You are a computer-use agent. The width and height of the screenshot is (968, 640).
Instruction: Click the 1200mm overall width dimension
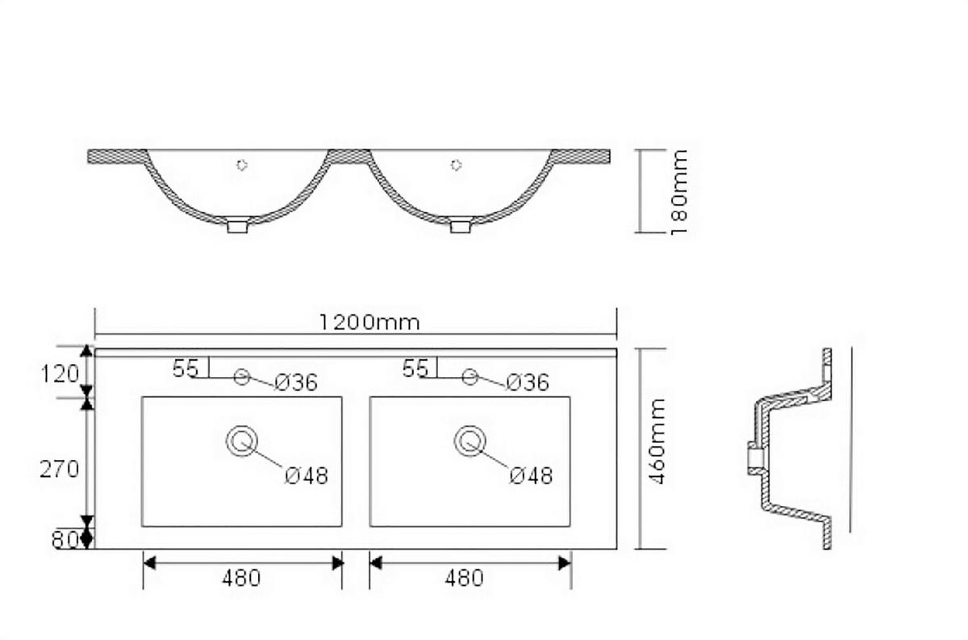point(369,322)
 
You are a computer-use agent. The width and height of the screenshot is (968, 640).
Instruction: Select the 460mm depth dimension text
point(657,441)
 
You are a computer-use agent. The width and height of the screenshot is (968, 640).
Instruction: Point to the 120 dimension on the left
point(60,374)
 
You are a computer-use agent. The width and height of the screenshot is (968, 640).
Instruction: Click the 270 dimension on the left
point(60,468)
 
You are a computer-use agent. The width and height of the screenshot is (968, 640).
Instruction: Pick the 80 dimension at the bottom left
point(65,539)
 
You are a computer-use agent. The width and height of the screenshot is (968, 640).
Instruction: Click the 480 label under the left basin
point(241,578)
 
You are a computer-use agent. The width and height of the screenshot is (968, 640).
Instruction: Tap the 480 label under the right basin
point(465,578)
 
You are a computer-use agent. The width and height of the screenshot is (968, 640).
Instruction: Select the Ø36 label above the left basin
point(295,383)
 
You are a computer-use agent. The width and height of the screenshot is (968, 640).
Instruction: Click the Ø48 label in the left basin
point(307,475)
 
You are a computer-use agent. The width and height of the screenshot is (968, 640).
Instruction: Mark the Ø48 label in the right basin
point(531,475)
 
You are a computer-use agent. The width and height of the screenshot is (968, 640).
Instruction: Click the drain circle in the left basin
point(241,441)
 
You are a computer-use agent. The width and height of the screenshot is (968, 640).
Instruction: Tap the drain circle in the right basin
point(470,441)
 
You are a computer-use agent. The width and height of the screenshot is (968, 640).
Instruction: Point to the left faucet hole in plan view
point(240,376)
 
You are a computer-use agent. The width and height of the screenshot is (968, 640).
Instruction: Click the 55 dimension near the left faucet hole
point(185,368)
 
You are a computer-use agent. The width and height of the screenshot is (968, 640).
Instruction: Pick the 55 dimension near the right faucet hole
point(415,368)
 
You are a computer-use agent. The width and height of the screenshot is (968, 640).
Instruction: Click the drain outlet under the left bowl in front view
point(236,226)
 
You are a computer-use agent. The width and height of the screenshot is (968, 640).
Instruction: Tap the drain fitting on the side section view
point(754,459)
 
